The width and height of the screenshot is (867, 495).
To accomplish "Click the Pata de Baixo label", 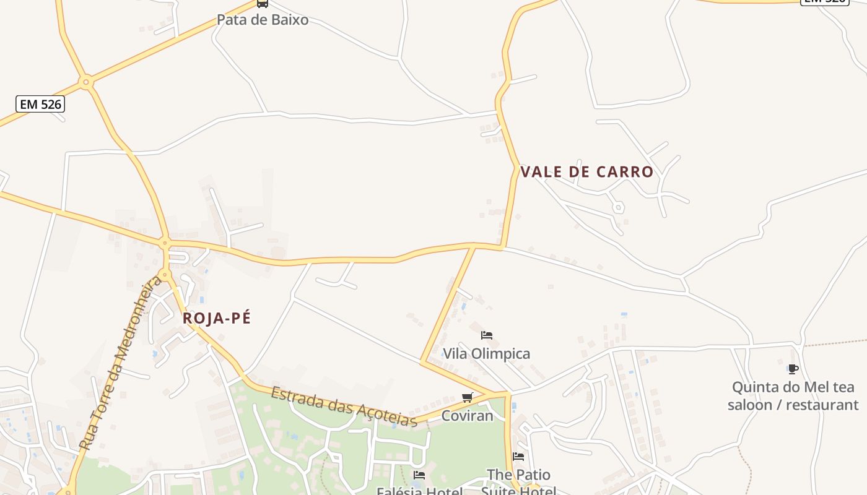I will (x=262, y=20).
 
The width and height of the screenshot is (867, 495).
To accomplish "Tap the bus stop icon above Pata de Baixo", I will (x=263, y=3).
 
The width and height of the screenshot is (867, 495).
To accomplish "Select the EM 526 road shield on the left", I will (x=41, y=104).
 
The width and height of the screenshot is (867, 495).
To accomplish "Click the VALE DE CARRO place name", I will (x=586, y=172).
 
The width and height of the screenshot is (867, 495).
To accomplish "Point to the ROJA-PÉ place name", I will (x=217, y=318).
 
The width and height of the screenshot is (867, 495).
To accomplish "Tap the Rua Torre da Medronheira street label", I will (x=121, y=363).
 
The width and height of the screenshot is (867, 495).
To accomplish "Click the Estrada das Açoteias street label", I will (x=344, y=407).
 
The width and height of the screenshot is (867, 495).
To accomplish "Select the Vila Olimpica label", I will (x=486, y=354).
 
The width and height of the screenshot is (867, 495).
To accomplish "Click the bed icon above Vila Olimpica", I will (x=487, y=335).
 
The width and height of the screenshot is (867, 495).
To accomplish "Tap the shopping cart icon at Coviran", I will (x=468, y=397).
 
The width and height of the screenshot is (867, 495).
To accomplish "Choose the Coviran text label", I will (x=467, y=416).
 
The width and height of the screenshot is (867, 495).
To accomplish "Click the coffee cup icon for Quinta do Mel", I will (x=793, y=369).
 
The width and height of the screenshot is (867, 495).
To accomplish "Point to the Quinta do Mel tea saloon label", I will (x=793, y=396).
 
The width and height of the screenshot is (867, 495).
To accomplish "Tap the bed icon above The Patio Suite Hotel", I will (x=518, y=457).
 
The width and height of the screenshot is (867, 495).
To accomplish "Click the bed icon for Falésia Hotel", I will (x=419, y=475).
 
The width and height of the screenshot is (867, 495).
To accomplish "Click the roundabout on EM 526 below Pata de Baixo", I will (x=86, y=81).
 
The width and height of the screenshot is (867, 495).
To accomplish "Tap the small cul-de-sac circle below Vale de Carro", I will (x=617, y=207).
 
